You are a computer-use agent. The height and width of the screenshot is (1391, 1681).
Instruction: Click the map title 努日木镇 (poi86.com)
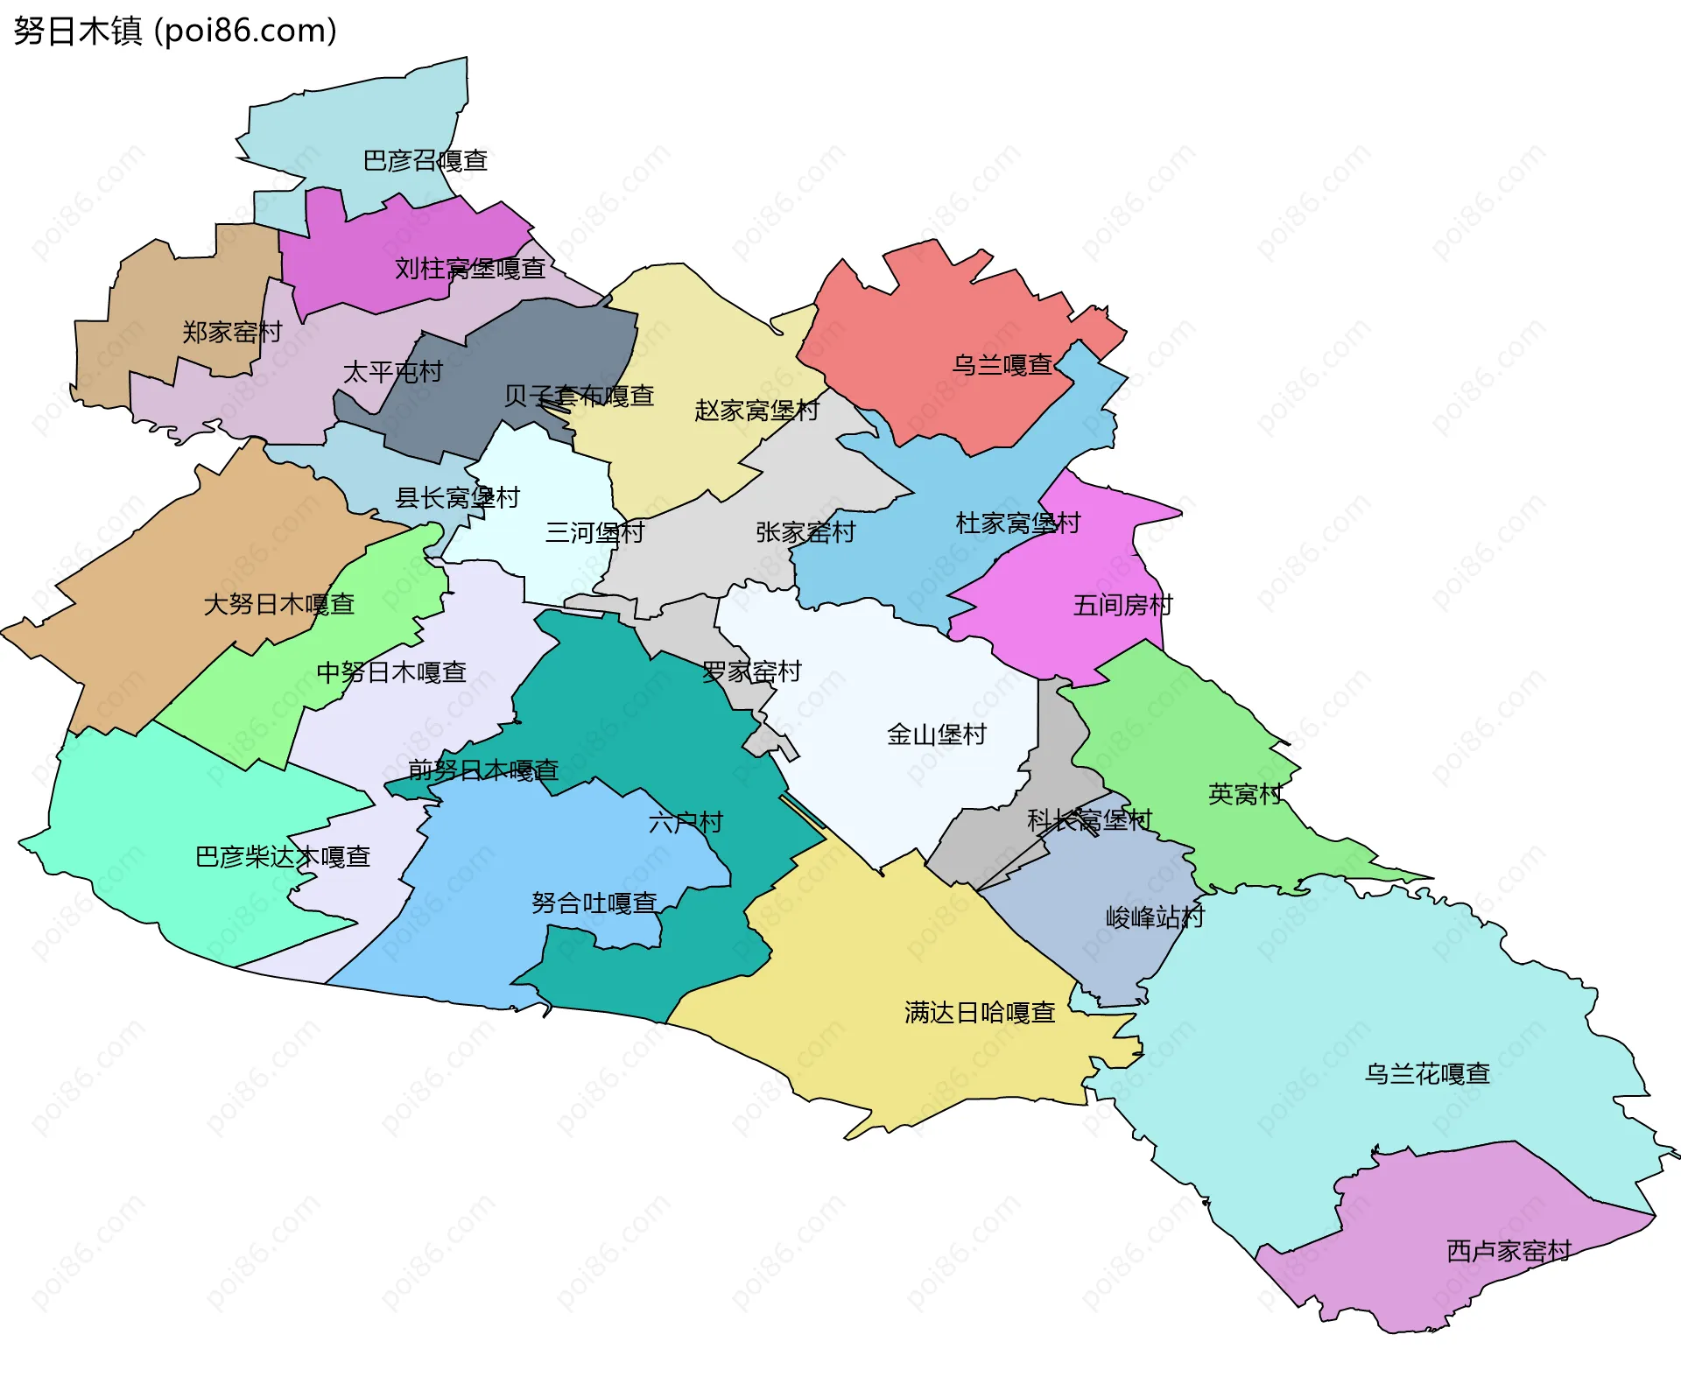(x=175, y=32)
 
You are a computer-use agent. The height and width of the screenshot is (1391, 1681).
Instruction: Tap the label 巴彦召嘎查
(x=426, y=161)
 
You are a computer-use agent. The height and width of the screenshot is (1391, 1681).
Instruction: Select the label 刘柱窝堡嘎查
(x=470, y=269)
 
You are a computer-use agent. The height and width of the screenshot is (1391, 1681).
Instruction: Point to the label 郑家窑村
(x=232, y=333)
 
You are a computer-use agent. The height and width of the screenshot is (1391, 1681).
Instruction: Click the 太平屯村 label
(x=393, y=373)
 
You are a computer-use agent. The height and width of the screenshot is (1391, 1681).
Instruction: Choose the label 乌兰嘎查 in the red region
(x=1002, y=365)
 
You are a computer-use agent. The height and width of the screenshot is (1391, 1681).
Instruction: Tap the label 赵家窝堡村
(x=756, y=411)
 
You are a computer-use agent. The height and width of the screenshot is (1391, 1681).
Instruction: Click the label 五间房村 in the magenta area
(x=1122, y=606)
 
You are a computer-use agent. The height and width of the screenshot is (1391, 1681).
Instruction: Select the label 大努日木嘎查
(x=278, y=605)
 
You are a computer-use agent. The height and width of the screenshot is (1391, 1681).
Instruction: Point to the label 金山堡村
(x=937, y=734)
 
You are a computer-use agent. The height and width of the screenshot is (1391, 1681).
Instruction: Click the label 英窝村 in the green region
(x=1245, y=795)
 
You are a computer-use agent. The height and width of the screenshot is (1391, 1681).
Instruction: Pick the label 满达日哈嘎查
(x=980, y=1014)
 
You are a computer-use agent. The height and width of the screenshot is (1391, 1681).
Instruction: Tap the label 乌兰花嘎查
(x=1427, y=1074)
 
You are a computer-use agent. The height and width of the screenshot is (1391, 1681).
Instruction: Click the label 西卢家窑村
(x=1509, y=1252)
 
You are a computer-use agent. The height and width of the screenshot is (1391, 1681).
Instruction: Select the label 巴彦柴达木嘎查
(x=283, y=857)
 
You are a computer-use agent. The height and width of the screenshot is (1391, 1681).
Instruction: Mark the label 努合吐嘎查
(x=594, y=903)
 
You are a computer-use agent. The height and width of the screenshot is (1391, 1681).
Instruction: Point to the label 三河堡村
(x=595, y=533)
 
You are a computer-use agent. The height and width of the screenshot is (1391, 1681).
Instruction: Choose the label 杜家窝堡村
(x=1018, y=524)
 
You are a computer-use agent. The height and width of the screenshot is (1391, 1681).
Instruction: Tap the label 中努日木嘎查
(x=391, y=673)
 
